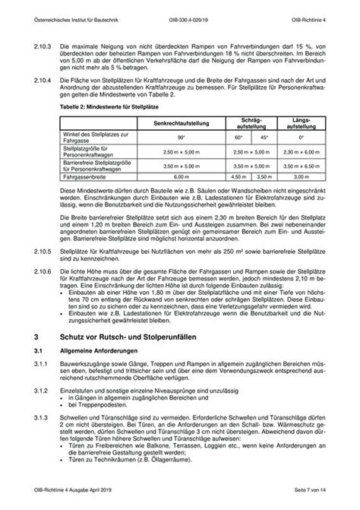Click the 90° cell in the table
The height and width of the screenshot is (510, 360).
click(x=182, y=137)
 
